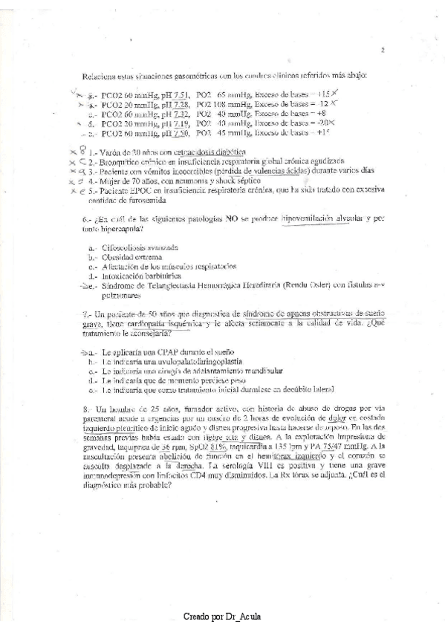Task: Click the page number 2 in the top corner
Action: click(x=382, y=51)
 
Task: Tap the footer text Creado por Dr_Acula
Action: click(x=223, y=617)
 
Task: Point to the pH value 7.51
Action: click(x=181, y=95)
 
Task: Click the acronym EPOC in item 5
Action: click(x=134, y=189)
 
